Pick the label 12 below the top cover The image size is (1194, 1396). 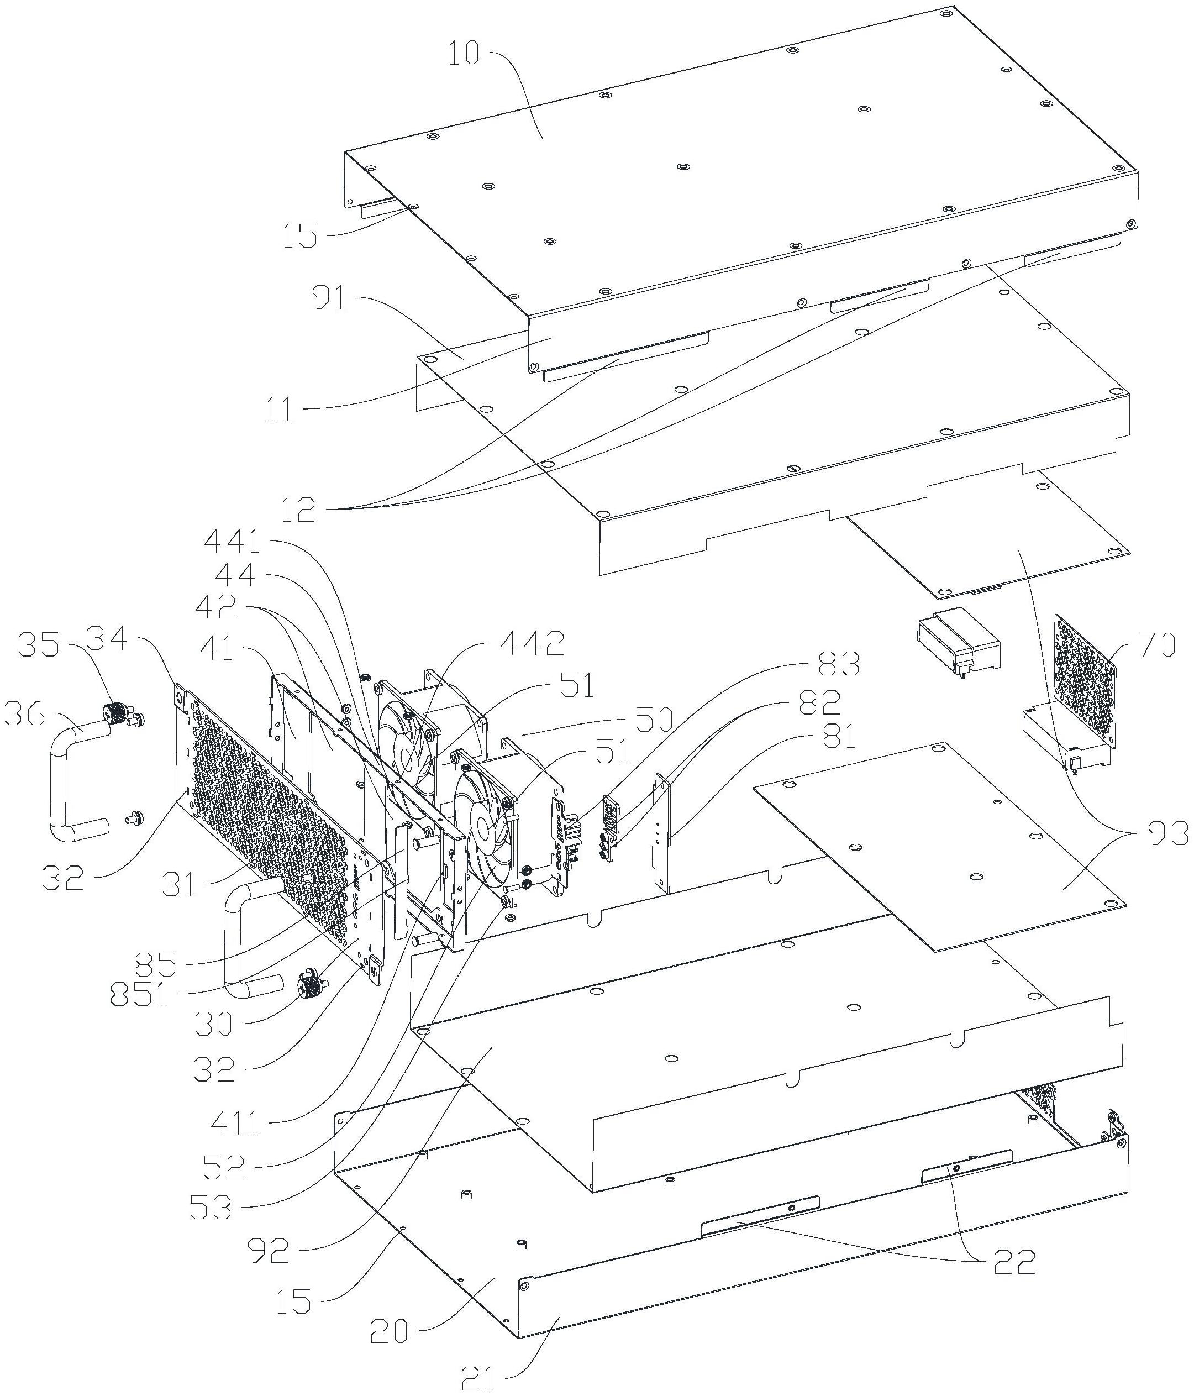[x=298, y=511]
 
